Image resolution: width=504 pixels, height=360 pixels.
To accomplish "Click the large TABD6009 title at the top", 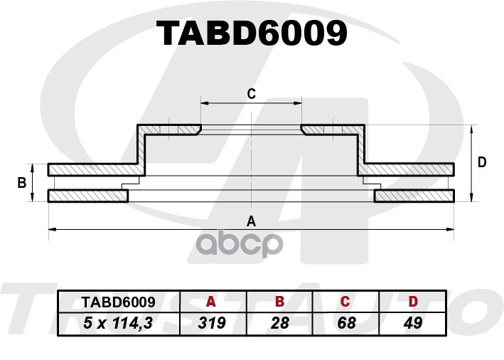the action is [x=252, y=33].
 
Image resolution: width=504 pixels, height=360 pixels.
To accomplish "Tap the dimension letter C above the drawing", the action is [x=252, y=94].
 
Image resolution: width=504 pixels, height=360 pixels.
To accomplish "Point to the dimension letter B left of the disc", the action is [x=22, y=183].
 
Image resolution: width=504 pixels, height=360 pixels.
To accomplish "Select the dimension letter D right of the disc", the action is [x=482, y=162].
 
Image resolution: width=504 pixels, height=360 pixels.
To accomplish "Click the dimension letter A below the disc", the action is [x=251, y=221].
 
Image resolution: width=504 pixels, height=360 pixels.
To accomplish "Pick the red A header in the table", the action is [x=211, y=302].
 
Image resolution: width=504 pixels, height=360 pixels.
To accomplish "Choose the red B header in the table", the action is [x=279, y=302].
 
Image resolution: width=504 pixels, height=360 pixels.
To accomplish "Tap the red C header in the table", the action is [x=345, y=302].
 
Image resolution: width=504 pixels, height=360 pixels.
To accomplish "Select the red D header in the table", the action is [x=413, y=302].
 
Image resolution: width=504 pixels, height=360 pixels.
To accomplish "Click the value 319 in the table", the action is [x=212, y=323].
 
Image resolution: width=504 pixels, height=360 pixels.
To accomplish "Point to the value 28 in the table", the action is [x=279, y=323].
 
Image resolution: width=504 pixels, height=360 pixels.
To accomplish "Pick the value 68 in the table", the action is [x=346, y=323].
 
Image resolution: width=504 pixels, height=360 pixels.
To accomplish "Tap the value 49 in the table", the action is [x=413, y=323].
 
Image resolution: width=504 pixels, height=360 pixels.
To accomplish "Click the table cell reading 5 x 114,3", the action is [x=117, y=323].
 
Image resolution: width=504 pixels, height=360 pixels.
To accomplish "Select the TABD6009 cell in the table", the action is [x=118, y=302].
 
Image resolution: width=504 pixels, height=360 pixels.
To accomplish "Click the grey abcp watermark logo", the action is [x=240, y=244].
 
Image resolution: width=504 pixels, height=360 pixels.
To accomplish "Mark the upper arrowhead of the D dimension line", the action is [x=471, y=129].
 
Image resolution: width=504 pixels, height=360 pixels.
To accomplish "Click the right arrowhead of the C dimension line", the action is [x=298, y=103].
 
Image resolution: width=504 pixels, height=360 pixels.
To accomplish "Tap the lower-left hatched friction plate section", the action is [x=87, y=196].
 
